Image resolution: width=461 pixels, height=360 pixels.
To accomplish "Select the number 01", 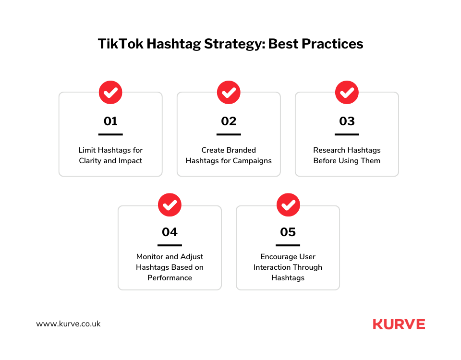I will coord(110,121).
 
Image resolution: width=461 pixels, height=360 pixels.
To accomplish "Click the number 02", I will coord(229,121).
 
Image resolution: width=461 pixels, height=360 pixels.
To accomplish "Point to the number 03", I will coord(347,121).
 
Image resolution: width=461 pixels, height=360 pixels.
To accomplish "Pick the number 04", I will coord(170,232).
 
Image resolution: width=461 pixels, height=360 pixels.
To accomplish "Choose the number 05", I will coord(288,232).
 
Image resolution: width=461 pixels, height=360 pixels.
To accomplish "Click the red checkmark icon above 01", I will coord(110,92).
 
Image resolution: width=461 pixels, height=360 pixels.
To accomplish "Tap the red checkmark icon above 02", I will coord(229,92).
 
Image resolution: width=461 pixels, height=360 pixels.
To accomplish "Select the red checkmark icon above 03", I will coord(347,92).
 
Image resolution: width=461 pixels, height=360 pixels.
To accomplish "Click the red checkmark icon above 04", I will coord(170,205).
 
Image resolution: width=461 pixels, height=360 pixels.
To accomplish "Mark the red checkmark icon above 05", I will coord(288,205).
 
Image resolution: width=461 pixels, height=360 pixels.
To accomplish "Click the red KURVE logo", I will coord(399,324).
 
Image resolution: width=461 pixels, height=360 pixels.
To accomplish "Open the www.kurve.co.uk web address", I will coord(68,324).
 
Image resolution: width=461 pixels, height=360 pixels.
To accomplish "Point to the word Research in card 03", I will coord(329,150).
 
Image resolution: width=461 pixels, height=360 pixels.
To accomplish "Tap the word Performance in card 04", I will coord(170,278).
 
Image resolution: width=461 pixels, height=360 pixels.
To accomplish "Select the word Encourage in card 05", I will coord(277,257).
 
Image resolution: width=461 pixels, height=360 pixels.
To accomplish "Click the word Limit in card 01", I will coord(87,150).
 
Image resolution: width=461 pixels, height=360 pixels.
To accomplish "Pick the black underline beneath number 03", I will coord(347,134).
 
